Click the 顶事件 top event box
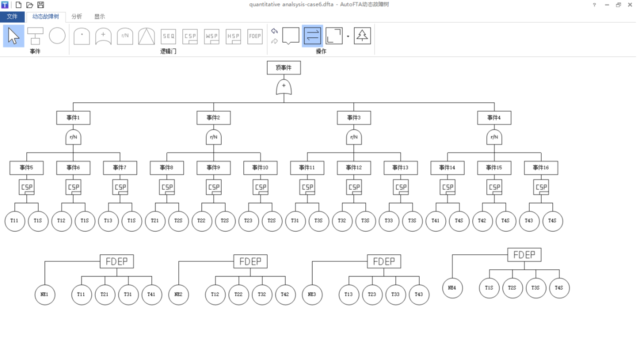point(283,67)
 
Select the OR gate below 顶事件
point(283,87)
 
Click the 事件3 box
point(353,118)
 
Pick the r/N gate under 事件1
point(73,137)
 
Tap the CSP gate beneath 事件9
point(213,187)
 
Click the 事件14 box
point(447,168)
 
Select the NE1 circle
point(44,294)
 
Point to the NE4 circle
point(452,288)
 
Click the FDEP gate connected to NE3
point(383,261)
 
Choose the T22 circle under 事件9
point(201,221)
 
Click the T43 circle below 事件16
point(529,221)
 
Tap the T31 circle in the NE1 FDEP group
point(128,294)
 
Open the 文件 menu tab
point(12,16)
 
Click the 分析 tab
point(76,16)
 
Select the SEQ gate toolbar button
point(168,36)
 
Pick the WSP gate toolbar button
point(211,36)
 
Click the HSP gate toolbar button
point(233,36)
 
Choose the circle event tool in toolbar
point(57,35)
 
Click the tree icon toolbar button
point(362,36)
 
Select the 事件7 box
point(120,168)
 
